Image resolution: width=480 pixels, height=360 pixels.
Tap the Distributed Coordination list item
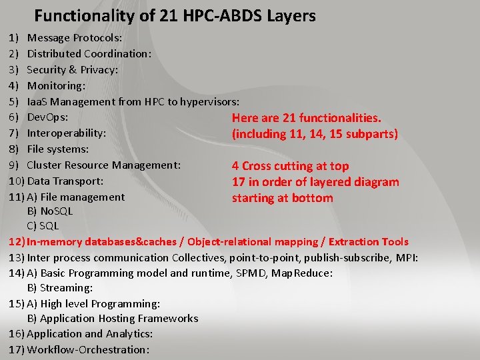[x=89, y=53]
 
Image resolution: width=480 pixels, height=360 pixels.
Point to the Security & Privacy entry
[x=72, y=69]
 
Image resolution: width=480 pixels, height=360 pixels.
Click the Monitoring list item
[x=56, y=85]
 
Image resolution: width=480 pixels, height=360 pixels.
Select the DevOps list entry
[x=47, y=117]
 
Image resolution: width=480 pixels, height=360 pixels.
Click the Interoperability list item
[x=67, y=133]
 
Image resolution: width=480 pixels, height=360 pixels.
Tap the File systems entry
[x=57, y=149]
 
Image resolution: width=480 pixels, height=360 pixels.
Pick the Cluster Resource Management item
[x=103, y=165]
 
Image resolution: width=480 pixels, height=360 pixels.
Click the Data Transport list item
[x=65, y=181]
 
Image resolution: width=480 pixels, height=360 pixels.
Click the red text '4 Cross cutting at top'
[x=290, y=166]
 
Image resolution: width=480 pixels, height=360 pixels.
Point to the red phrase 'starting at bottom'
[x=282, y=198]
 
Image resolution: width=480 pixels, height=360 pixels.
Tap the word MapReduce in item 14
[x=302, y=273]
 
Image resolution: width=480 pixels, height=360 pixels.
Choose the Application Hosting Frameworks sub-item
[x=113, y=319]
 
